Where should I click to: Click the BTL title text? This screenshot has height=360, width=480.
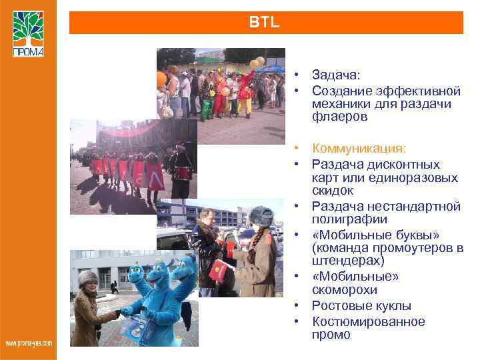265,23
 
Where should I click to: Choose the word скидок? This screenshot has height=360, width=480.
333,191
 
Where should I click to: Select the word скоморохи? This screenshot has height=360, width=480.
344,290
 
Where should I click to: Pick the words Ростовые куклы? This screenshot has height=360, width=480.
361,306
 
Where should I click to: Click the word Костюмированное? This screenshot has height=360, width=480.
368,321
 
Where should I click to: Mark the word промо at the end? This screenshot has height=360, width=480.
331,335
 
